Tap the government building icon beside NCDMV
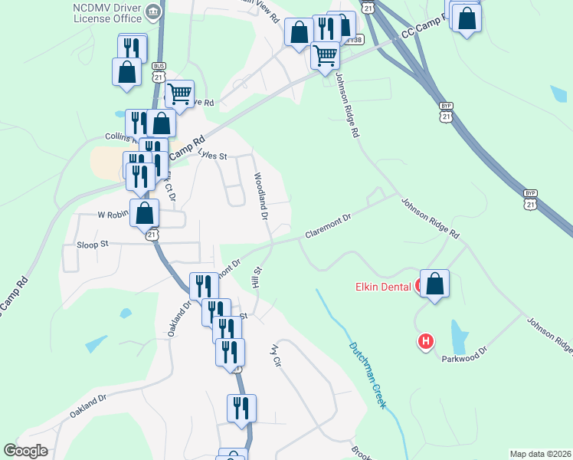click(x=153, y=11)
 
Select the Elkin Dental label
click(x=383, y=287)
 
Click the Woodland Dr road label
click(x=261, y=196)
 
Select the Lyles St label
click(x=214, y=155)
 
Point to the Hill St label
click(x=258, y=277)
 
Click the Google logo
click(x=25, y=451)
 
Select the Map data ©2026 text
click(x=540, y=454)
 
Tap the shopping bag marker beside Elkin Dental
click(x=434, y=284)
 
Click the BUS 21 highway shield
click(x=159, y=72)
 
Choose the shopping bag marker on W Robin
click(x=145, y=213)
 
